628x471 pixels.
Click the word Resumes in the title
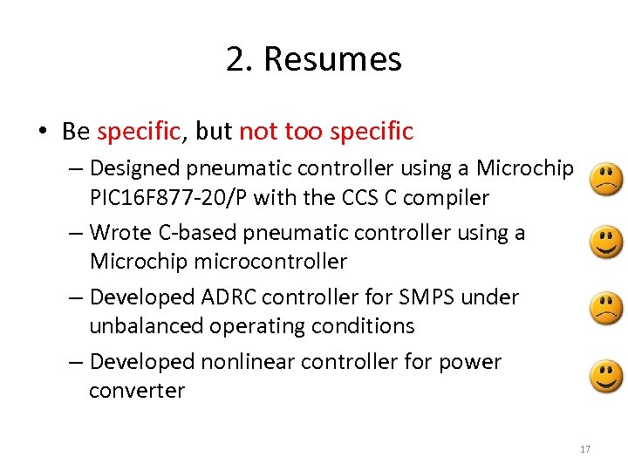[332, 59]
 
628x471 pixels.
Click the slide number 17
[585, 449]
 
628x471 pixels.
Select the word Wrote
[120, 233]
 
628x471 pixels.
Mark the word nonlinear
[241, 361]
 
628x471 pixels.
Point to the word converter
[137, 391]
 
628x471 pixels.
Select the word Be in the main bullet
[76, 132]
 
